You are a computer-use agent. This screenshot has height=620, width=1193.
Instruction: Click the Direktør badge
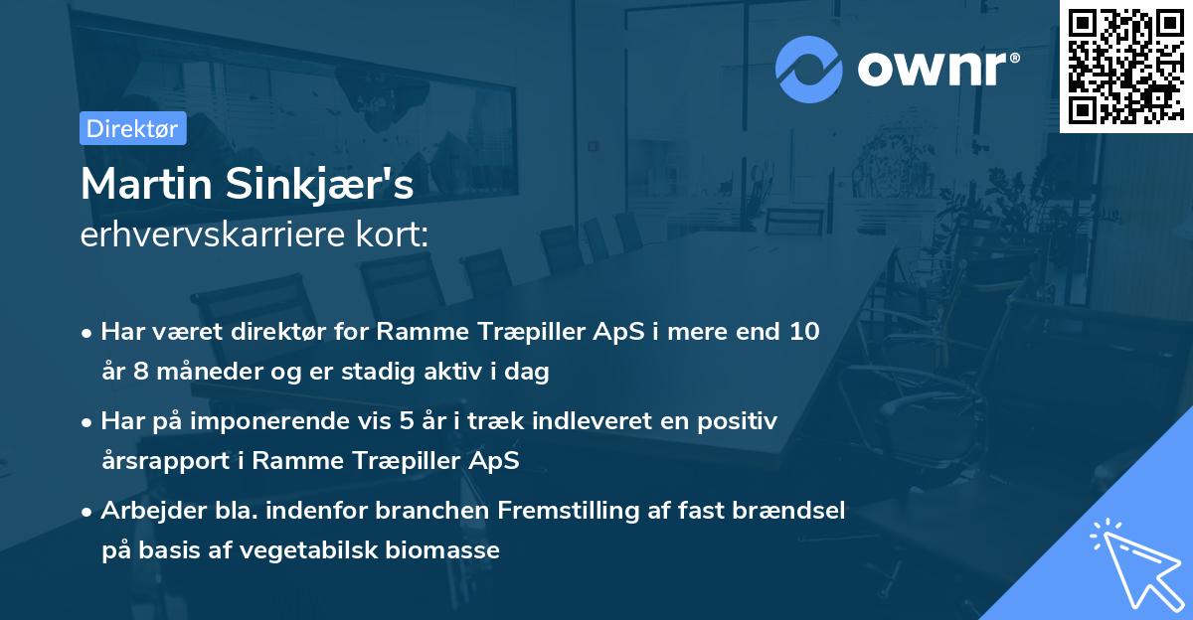(x=132, y=128)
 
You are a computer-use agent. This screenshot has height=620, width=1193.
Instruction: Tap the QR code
(x=1125, y=67)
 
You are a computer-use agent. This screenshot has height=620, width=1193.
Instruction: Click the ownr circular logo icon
(x=809, y=70)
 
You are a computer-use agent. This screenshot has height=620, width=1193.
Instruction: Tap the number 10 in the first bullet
(x=804, y=332)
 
